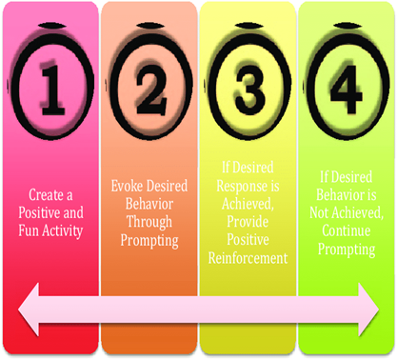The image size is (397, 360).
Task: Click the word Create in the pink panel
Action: coord(46,195)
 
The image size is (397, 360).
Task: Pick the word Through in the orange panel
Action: coord(149,222)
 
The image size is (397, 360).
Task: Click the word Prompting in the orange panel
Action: coord(149,241)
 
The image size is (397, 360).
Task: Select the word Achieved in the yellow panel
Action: coord(248,204)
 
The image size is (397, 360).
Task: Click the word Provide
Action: coord(248,222)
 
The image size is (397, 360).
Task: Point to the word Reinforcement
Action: coord(248,258)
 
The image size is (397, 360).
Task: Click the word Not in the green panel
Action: coord(319,212)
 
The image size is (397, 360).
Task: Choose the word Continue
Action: coord(347,230)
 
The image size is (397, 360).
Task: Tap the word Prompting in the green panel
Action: coord(347,250)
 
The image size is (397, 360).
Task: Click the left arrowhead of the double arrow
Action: coord(29,310)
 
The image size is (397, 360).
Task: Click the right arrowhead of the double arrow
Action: coord(369,310)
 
